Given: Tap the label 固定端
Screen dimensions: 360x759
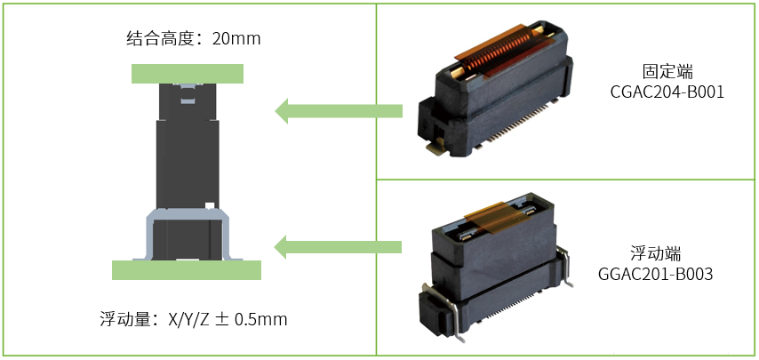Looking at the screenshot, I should click(667, 70).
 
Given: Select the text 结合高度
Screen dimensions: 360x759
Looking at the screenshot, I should click(161, 40).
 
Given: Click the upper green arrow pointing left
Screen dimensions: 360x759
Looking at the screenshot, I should click(338, 111).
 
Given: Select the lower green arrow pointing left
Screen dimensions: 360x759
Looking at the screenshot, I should click(338, 246).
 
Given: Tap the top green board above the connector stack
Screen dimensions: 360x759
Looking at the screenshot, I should click(187, 73).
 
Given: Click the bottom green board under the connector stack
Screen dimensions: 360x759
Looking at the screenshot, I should click(187, 269).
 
